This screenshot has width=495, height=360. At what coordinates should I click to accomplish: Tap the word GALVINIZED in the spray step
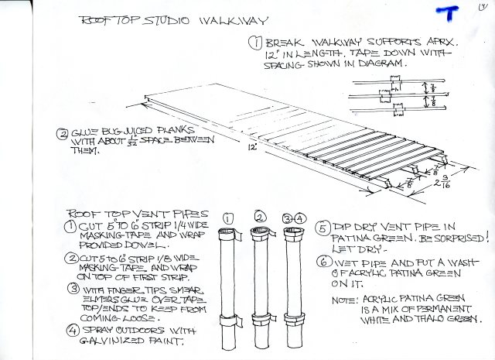[112, 343]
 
